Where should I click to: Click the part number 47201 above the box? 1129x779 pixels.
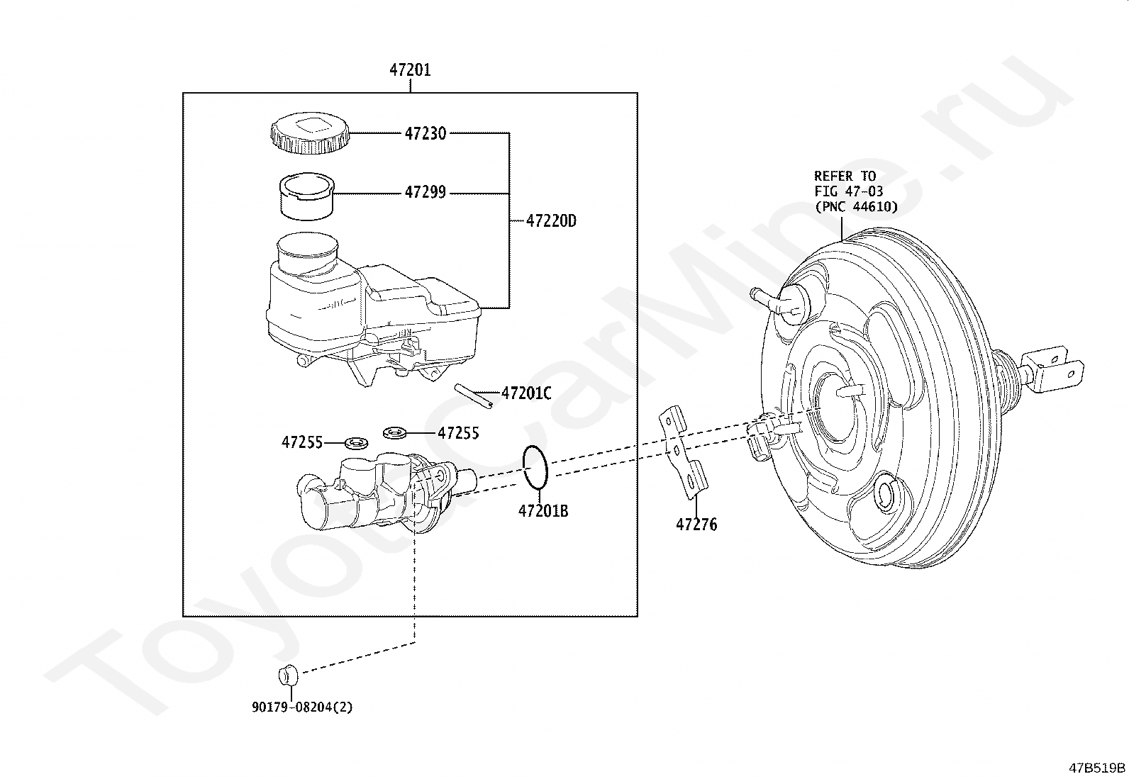(411, 69)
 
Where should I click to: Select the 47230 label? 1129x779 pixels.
(426, 133)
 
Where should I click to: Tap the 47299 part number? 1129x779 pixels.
(426, 192)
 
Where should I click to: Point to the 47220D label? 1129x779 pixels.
(552, 220)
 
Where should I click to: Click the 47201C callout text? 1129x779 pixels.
(527, 393)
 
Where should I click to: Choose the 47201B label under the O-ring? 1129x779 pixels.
(543, 511)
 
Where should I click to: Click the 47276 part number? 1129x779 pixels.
(696, 525)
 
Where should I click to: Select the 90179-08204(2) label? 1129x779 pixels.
(302, 707)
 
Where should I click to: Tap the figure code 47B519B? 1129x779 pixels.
(1097, 768)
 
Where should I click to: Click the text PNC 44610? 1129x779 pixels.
(857, 206)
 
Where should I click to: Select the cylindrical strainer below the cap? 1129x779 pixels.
(306, 196)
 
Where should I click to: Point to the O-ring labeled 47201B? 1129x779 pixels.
(535, 467)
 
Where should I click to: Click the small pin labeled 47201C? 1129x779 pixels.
(473, 396)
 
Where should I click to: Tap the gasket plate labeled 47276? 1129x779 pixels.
(684, 452)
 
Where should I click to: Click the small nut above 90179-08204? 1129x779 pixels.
(288, 676)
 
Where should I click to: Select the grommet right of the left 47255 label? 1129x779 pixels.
(356, 444)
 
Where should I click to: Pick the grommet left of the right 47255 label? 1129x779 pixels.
(394, 432)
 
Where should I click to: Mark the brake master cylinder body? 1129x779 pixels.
(386, 493)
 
